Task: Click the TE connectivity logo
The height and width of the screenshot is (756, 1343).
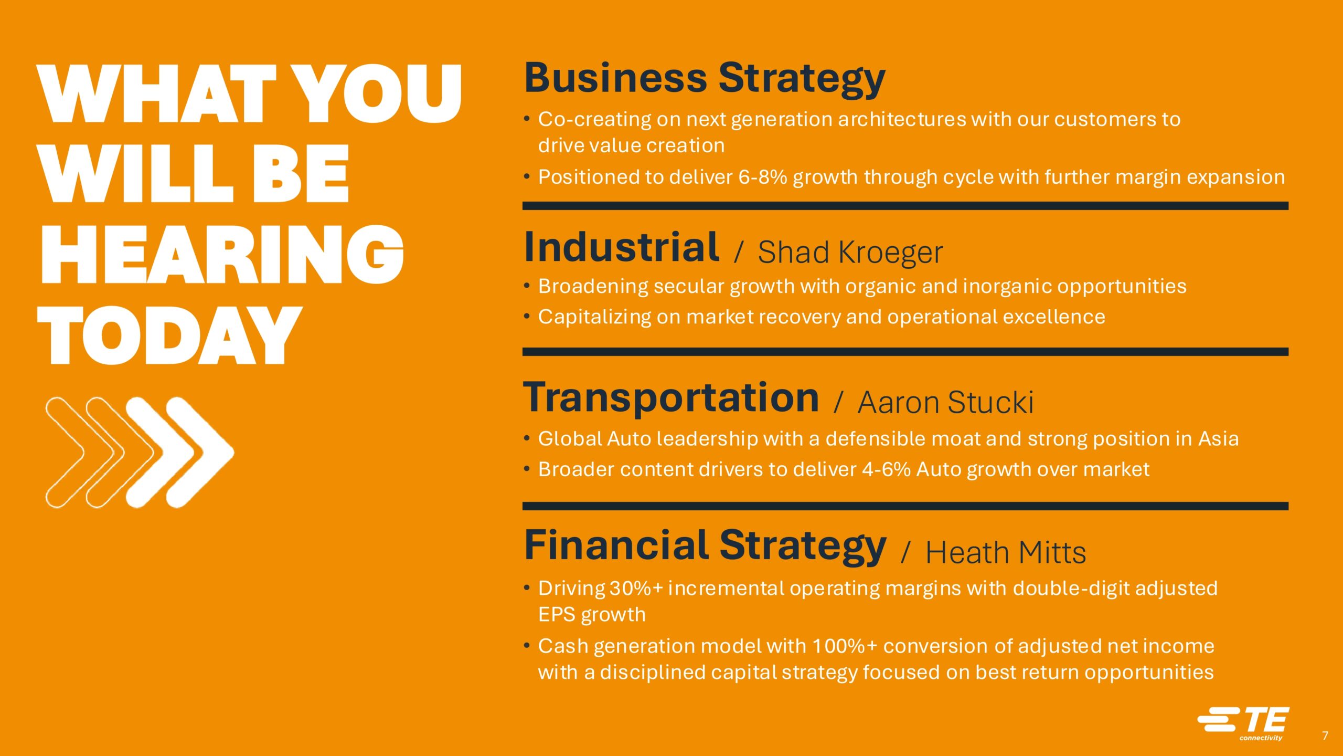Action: (x=1243, y=723)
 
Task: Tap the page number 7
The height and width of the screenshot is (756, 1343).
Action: (x=1325, y=736)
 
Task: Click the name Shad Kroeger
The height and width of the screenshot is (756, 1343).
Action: (x=850, y=253)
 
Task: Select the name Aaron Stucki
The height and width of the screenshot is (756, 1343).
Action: (x=945, y=403)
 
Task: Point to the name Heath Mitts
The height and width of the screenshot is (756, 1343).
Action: (x=1005, y=553)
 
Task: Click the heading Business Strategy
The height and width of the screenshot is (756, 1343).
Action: (x=705, y=79)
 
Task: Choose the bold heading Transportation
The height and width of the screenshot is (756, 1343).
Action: (x=671, y=398)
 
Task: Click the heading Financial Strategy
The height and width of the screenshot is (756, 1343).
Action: (x=705, y=547)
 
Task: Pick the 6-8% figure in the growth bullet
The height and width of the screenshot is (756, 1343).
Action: (x=763, y=177)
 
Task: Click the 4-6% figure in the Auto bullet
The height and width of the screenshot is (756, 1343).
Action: (x=886, y=469)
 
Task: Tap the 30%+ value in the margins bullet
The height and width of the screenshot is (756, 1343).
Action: (x=636, y=589)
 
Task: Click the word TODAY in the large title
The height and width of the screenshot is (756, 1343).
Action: (x=169, y=335)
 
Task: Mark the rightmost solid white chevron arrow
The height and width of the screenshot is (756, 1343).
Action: (x=199, y=453)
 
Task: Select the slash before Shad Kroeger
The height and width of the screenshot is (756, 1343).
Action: (x=739, y=252)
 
